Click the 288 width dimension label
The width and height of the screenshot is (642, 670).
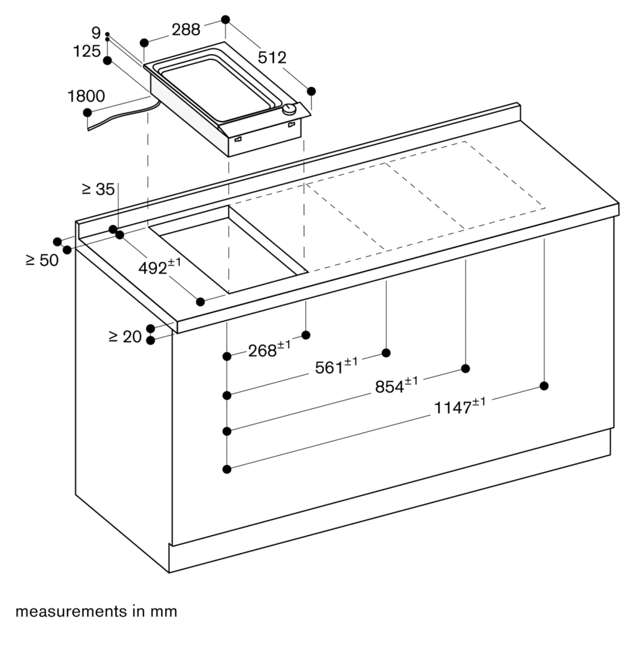[x=186, y=30]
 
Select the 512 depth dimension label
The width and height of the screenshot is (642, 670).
[x=272, y=57]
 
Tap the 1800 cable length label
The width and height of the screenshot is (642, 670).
[x=86, y=96]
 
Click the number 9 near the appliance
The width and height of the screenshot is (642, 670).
[x=96, y=33]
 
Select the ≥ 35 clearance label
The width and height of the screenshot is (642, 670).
[x=98, y=189]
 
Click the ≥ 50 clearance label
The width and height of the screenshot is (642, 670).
[x=42, y=260]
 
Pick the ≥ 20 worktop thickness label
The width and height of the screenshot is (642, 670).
[x=125, y=336]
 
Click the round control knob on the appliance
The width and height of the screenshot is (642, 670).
[x=289, y=110]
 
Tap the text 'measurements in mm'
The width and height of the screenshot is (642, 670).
[x=96, y=611]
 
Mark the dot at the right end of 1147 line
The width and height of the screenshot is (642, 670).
[x=544, y=386]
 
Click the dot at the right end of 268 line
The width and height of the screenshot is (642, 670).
[x=306, y=335]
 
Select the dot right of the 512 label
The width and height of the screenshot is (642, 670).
[x=312, y=91]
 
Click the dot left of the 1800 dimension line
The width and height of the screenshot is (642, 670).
[x=87, y=113]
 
